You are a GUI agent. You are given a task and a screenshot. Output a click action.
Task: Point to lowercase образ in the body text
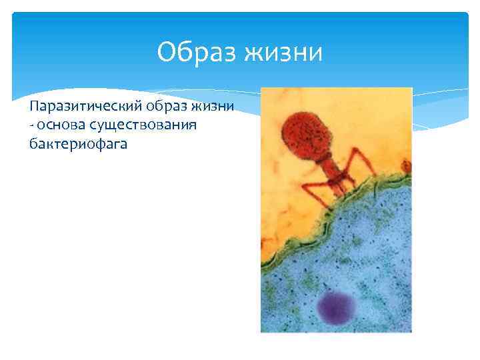(x=165, y=107)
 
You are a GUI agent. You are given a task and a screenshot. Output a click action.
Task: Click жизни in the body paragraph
(x=213, y=107)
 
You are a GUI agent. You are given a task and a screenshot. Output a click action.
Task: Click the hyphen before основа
(x=31, y=125)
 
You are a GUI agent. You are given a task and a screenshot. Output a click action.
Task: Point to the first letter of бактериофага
(x=33, y=142)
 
